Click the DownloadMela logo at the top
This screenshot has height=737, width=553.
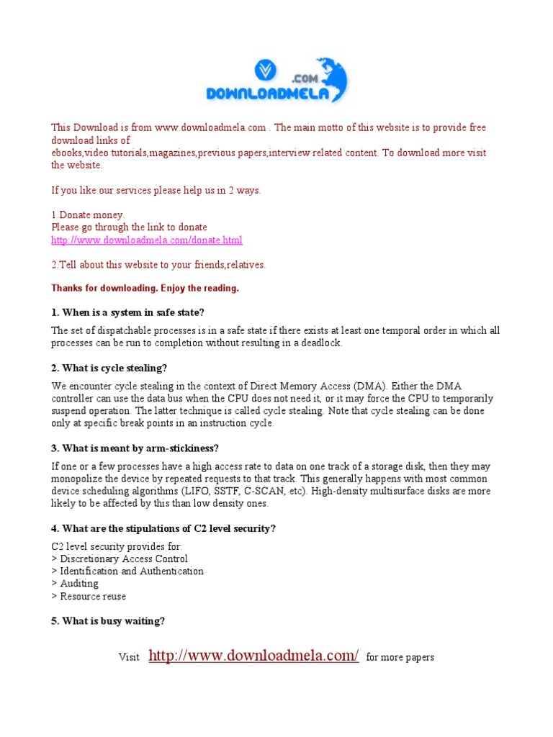pos(276,81)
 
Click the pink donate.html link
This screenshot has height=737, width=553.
pos(147,240)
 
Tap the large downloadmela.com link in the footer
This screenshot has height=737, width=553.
pos(253,656)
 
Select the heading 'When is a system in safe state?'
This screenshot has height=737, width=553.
pos(128,312)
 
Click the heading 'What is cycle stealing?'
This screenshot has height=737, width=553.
pos(109,368)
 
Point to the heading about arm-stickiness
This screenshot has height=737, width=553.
pos(135,449)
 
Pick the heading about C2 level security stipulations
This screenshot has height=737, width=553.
pos(163,529)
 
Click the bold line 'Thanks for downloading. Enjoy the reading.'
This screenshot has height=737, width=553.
pos(145,289)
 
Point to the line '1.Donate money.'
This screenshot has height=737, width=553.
pos(88,215)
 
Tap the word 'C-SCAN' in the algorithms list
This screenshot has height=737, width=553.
pos(262,492)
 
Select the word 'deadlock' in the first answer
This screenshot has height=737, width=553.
pos(321,343)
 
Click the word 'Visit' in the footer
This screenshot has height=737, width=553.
pos(129,658)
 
